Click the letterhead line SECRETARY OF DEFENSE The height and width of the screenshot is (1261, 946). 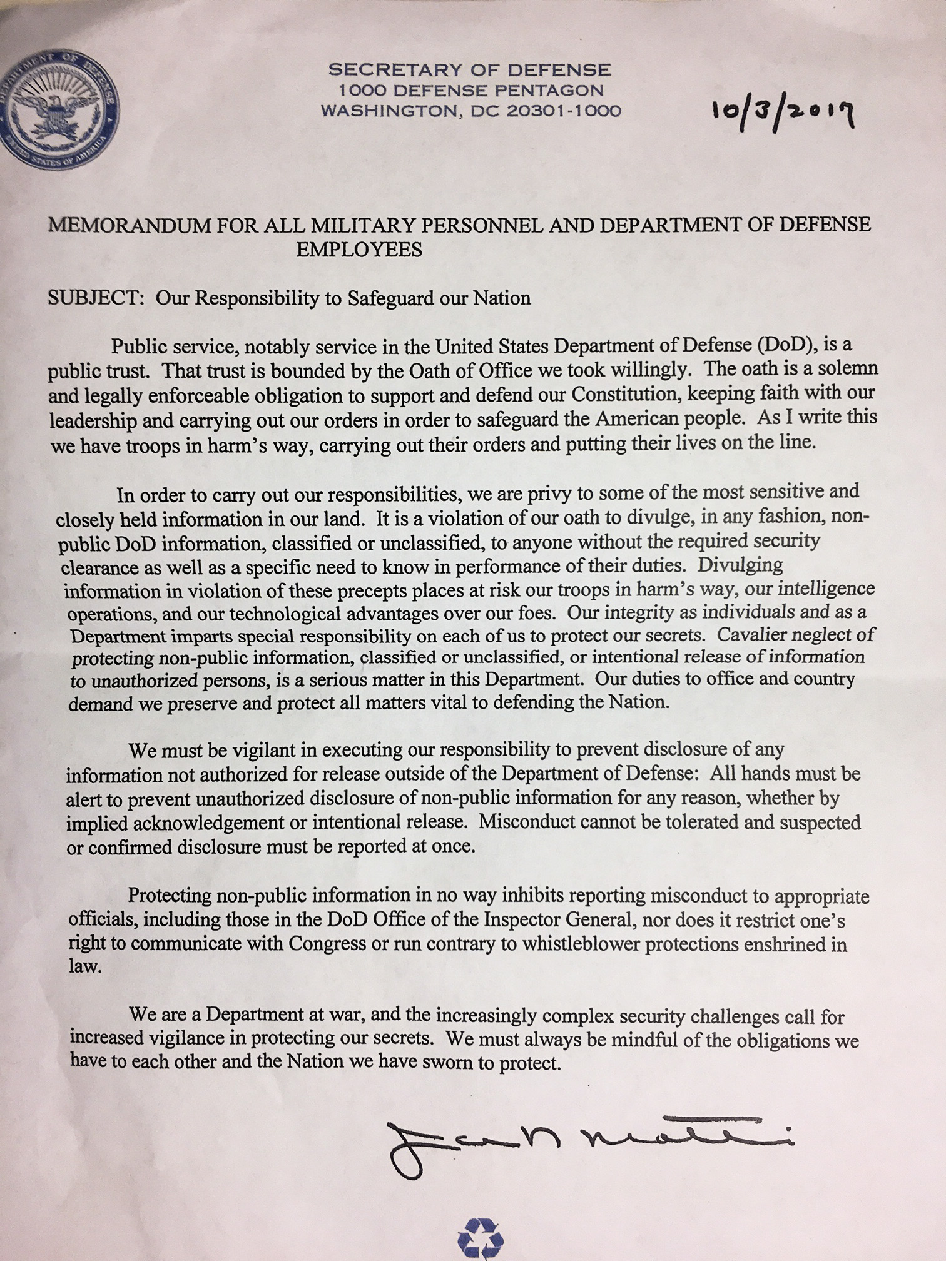470,69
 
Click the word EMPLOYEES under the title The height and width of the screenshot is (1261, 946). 359,250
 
